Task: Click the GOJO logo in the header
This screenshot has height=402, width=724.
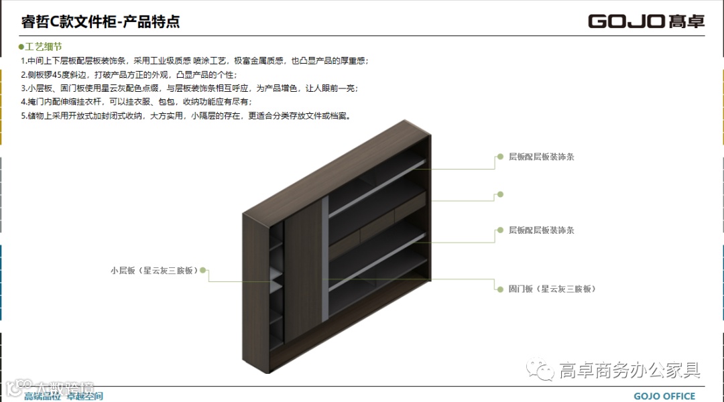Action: click(x=646, y=21)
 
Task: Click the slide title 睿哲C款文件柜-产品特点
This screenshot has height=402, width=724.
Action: click(x=101, y=21)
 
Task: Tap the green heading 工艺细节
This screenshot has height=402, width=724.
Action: click(x=44, y=47)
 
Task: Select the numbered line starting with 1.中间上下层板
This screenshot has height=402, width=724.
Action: click(x=194, y=61)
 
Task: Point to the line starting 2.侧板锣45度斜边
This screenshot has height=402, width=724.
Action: click(x=129, y=74)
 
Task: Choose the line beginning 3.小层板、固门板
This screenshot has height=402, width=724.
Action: click(x=189, y=88)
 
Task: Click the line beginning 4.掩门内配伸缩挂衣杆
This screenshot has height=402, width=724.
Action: click(x=136, y=101)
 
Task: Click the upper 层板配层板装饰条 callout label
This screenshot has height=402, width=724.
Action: click(x=541, y=157)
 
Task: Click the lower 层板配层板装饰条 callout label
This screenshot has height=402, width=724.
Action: click(x=541, y=230)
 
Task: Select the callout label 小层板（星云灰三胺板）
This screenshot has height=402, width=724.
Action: click(x=155, y=271)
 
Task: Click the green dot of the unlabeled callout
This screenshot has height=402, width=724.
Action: click(x=500, y=194)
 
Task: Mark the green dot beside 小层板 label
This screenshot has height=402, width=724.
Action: click(x=203, y=271)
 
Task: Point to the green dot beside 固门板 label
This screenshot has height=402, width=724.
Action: click(x=500, y=289)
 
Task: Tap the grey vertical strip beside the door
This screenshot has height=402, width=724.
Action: click(x=325, y=255)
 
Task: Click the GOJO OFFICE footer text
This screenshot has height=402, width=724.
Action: click(x=664, y=396)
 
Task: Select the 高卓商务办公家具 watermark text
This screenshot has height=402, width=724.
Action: click(x=629, y=370)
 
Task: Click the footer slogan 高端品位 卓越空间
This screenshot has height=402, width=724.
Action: click(x=64, y=396)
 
